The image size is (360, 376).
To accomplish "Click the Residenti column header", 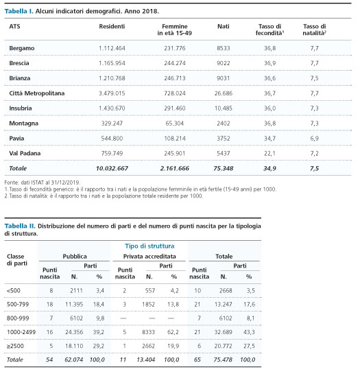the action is pos(112,26).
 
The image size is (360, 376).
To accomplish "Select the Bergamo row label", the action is pos(22,48).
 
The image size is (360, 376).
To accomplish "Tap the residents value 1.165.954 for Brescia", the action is pos(112,63).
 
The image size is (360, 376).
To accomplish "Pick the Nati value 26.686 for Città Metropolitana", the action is pos(224,93).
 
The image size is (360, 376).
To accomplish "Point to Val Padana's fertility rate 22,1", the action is pos(269,154).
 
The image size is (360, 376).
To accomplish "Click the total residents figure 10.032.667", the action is pos(112,169).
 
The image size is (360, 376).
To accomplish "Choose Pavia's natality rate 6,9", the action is pos(314,139).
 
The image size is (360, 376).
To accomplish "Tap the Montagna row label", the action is pos(24,124).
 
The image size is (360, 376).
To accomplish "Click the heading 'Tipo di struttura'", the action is pos(149,246).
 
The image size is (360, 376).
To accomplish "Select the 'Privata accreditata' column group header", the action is pos(149,257).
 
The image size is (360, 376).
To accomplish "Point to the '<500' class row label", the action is pos(14,291).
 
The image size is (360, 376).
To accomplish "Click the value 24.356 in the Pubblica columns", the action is pos(74,332).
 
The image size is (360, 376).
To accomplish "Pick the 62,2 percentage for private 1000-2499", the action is pos(173,332).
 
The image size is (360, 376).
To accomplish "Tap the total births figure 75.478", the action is pos(223,360).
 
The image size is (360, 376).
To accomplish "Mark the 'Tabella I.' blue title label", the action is pos(19,11).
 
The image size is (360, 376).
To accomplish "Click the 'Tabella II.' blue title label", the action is pos(20,226).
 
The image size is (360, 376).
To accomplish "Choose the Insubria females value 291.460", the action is pos(175,108).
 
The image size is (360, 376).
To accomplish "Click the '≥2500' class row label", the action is pos(15,346).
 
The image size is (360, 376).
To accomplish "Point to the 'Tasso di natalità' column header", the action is pos(314,30).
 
